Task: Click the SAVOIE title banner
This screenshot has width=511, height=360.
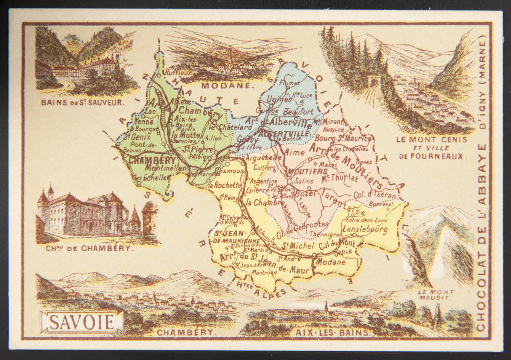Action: click(83, 322)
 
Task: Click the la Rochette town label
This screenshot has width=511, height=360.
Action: click(228, 185)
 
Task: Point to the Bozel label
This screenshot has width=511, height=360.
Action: click(305, 194)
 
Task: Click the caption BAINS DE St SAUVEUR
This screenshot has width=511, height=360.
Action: click(83, 102)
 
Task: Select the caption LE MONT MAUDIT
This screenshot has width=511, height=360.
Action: click(436, 295)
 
